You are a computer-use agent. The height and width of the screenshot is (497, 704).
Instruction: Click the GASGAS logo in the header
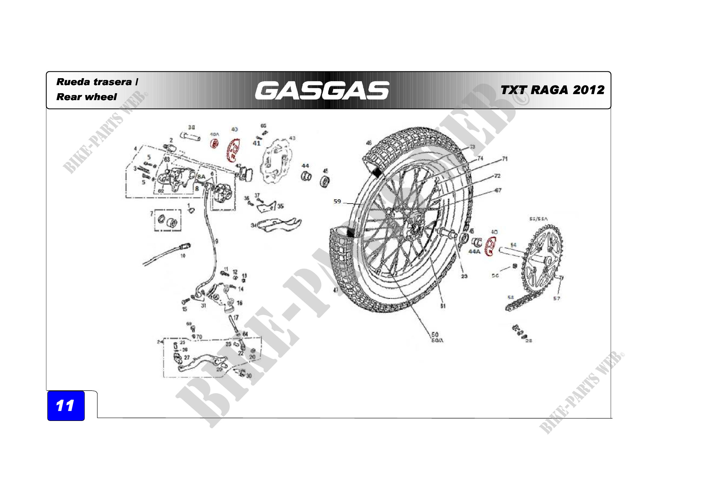pos(322,91)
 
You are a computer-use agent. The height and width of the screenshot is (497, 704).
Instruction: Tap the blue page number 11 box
pos(66,405)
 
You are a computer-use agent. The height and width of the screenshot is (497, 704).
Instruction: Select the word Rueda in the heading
pos(73,82)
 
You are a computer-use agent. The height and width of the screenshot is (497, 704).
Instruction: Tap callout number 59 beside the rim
pos(337,201)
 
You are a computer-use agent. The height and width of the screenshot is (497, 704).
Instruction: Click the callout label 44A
pos(474,251)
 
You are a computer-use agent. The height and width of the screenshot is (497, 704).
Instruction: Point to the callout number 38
pos(191,127)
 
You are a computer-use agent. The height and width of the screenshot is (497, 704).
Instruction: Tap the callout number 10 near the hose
pos(183,256)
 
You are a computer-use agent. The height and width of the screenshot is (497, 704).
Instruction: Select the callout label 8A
pos(201,177)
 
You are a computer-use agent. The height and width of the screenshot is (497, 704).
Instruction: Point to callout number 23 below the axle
pos(464,276)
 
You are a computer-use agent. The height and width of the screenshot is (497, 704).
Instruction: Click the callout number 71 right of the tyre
pos(505,159)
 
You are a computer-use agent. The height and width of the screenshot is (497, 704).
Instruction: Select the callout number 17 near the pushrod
pos(236,318)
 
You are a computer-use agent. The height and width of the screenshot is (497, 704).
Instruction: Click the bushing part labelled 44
pos(306,176)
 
